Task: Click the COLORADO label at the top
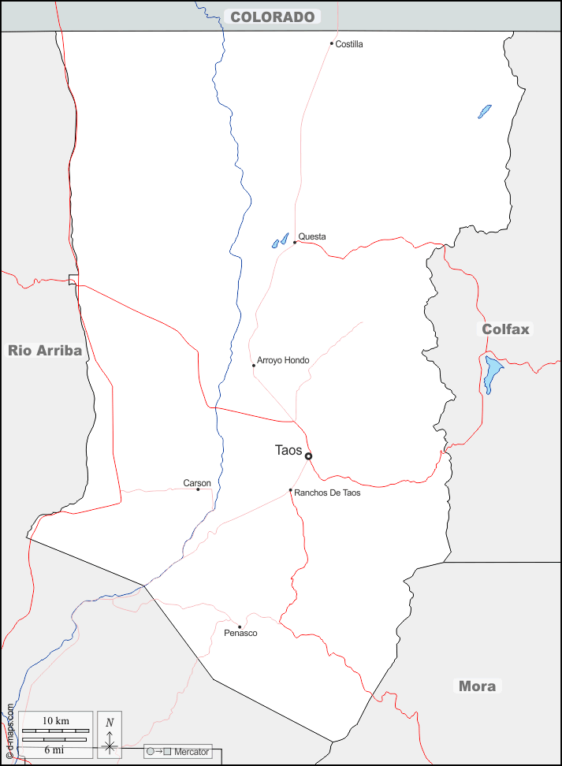273,17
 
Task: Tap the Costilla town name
349,44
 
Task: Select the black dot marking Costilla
332,43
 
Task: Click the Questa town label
312,236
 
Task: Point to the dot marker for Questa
295,242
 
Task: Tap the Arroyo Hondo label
283,360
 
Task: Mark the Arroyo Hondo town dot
254,365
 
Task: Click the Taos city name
288,450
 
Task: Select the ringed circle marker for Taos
308,456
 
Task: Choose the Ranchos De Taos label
327,493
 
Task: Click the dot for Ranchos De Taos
290,490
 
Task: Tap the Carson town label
197,483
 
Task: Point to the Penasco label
240,633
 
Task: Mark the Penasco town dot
240,627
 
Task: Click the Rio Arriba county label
45,351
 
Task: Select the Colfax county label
506,329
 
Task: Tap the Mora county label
478,686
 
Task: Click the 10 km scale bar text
56,720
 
